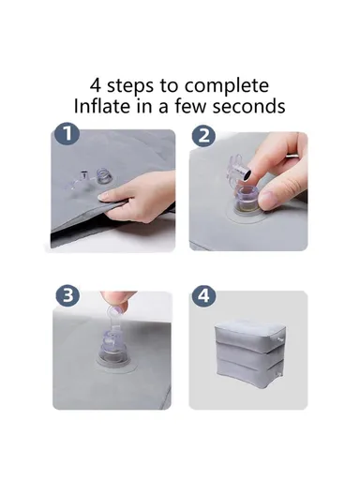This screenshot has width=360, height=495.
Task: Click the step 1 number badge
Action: pos(65,135)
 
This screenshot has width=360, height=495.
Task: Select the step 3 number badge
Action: pos(65,295)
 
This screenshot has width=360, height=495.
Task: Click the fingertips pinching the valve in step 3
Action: pos(112,308)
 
